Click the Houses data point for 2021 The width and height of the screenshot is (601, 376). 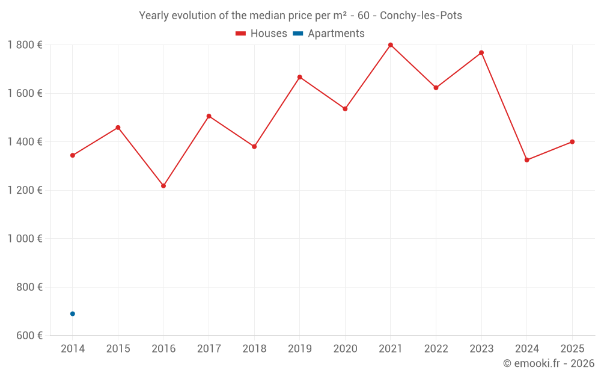click(391, 45)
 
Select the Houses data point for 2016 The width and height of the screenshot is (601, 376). click(163, 186)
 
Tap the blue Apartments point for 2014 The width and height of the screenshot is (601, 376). click(73, 313)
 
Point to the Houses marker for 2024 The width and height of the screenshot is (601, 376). click(527, 160)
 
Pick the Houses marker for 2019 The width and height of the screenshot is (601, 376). click(300, 77)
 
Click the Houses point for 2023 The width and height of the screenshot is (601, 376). click(481, 53)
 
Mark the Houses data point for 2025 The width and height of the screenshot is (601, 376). click(572, 142)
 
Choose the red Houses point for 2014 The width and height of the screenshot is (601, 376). click(73, 155)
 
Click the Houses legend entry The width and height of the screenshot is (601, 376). click(261, 34)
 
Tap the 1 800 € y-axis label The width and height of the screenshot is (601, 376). click(25, 45)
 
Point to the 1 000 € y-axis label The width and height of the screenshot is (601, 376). click(25, 239)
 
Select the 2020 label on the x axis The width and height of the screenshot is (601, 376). click(345, 349)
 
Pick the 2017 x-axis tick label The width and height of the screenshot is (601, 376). click(209, 349)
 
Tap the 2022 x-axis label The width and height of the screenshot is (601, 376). click(436, 349)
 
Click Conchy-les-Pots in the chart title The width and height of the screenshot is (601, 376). click(421, 16)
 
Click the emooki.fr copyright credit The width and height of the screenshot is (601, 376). click(549, 363)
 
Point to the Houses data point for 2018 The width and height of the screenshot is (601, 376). click(254, 147)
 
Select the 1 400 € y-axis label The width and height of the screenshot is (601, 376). click(25, 142)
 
